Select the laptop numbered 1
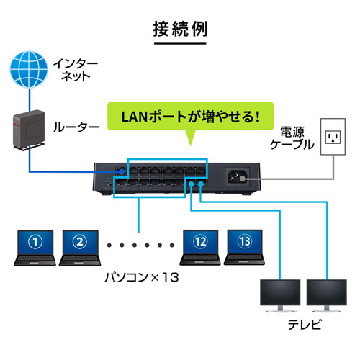pos(37,245)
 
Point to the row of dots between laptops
pos(140,245)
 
